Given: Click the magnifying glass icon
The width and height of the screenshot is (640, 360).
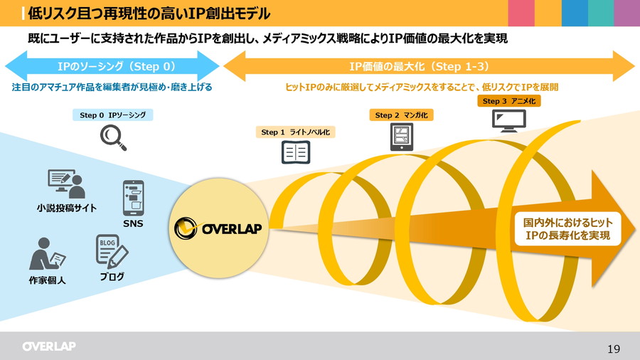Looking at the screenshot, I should click(113, 137).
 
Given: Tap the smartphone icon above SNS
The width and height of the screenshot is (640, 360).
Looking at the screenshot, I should click(133, 197).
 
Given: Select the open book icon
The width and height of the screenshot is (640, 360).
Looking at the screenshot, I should click(296, 152).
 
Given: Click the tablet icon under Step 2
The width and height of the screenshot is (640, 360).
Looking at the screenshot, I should click(402, 137).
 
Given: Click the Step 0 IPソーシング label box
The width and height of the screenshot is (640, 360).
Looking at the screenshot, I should click(113, 115).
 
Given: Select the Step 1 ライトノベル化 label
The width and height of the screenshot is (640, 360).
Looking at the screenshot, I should click(296, 132).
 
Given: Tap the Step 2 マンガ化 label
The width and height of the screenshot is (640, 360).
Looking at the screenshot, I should click(402, 115).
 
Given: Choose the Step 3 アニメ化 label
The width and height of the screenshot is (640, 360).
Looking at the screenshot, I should click(510, 101).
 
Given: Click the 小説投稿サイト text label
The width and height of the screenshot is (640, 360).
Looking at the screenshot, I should click(67, 208).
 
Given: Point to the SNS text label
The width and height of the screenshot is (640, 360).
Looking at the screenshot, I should click(133, 224).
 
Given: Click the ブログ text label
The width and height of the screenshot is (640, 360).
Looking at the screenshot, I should click(112, 277).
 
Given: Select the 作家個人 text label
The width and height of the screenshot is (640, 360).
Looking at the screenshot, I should click(48, 280).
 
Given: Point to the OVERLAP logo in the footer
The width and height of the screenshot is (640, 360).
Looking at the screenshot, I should click(48, 346).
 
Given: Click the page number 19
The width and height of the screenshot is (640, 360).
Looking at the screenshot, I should click(613, 348).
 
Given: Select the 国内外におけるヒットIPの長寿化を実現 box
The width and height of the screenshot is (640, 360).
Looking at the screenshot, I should click(568, 228).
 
